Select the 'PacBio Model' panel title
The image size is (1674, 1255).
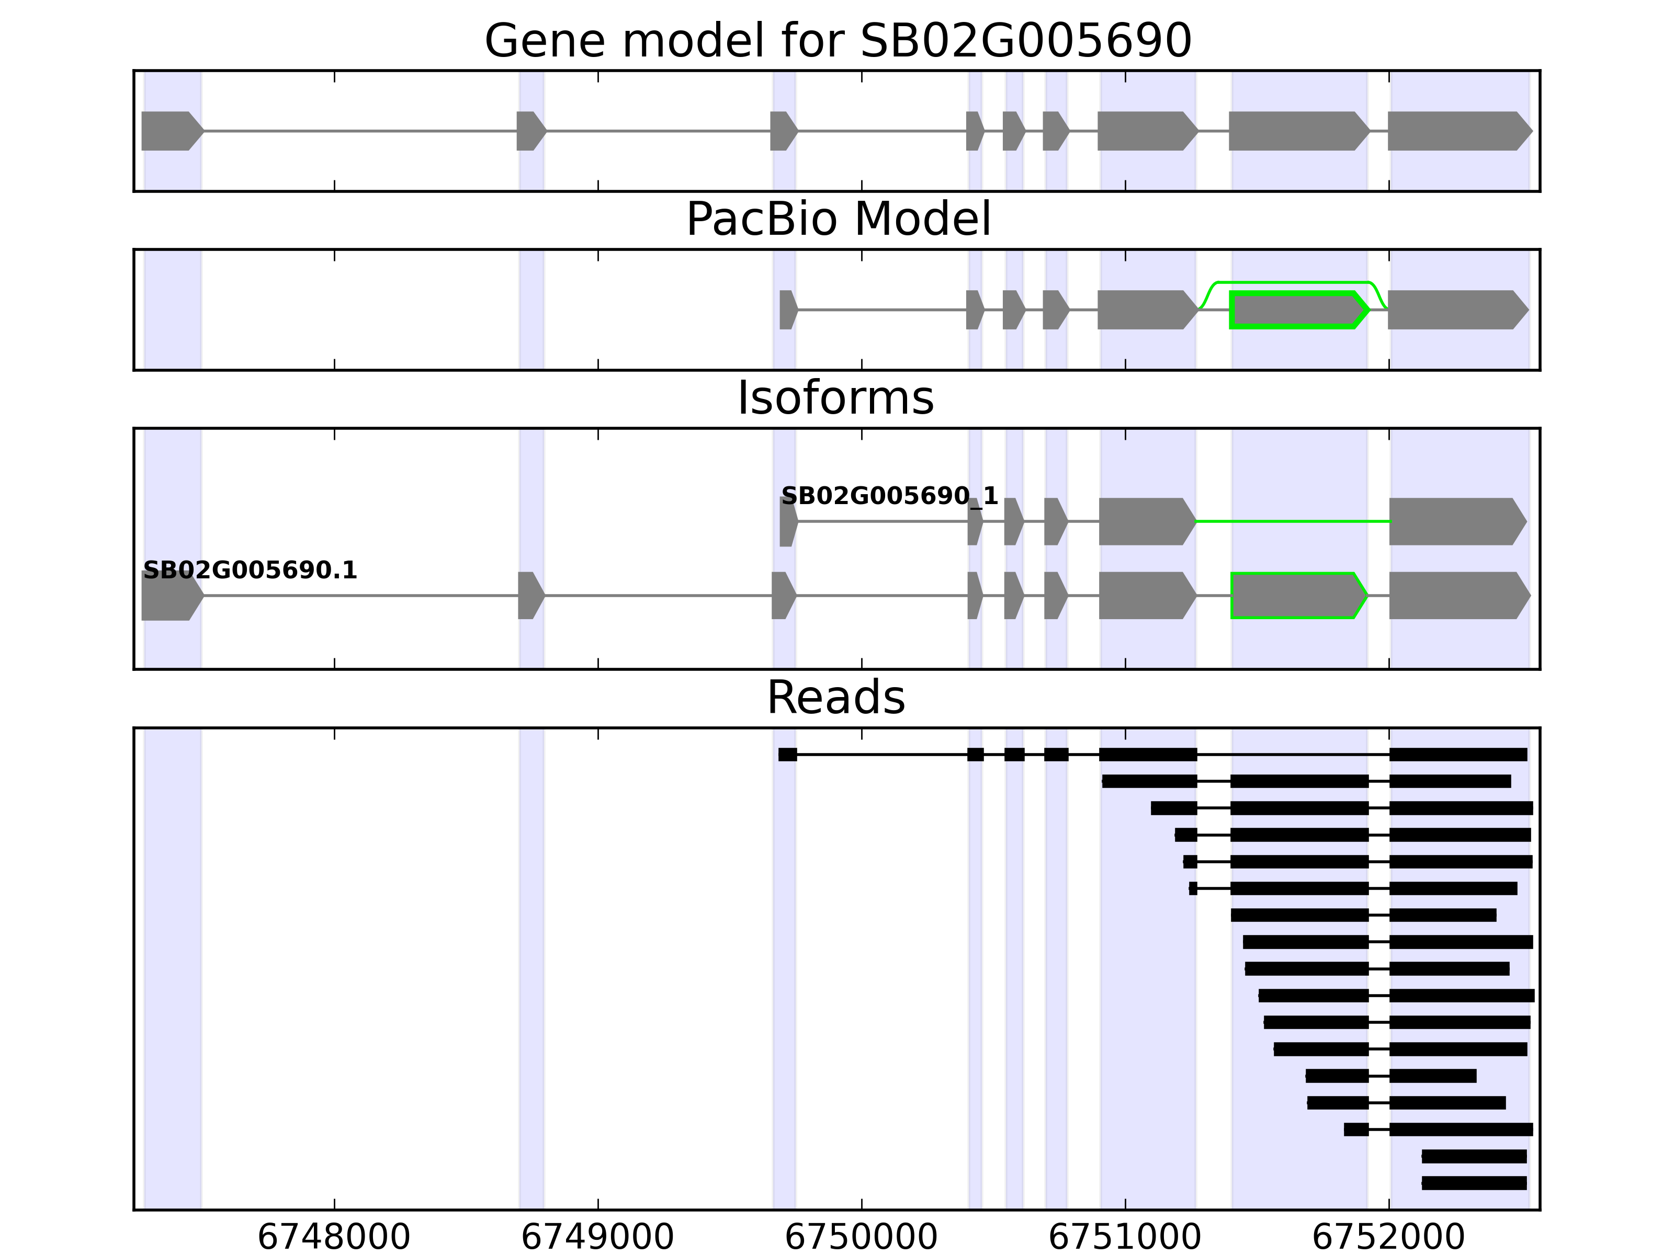(838, 220)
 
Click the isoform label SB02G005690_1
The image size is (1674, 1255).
(889, 496)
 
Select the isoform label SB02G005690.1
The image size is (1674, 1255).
(250, 571)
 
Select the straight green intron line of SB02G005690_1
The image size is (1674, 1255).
(1293, 521)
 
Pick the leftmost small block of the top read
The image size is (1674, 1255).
(787, 754)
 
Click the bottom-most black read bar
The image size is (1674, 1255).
(1474, 1183)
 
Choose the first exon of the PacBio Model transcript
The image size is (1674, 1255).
(787, 310)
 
